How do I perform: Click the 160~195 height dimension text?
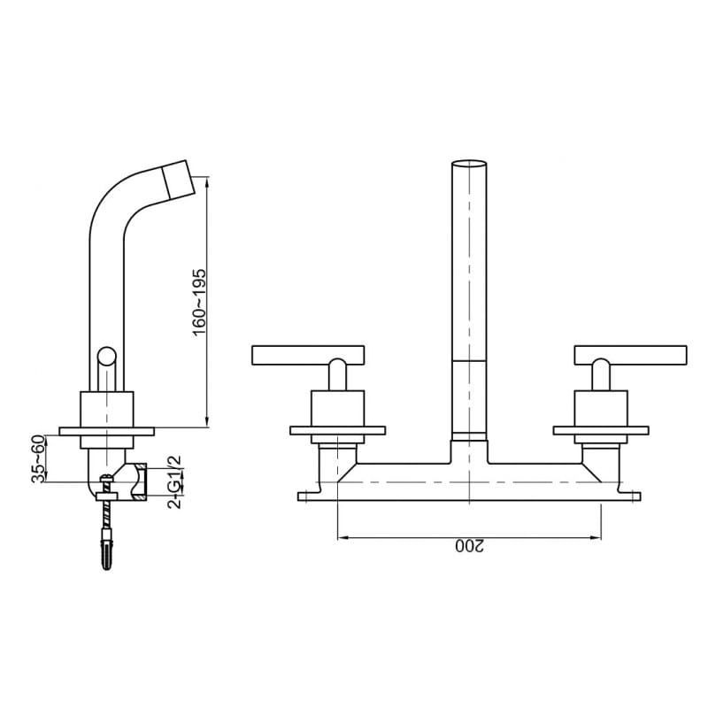click(x=199, y=302)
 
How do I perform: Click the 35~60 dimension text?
click(x=39, y=458)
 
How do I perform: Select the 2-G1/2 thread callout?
click(x=174, y=481)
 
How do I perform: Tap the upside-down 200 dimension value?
click(x=469, y=546)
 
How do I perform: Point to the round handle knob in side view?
click(x=107, y=356)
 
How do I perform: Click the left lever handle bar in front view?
click(x=308, y=355)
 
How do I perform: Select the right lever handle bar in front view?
click(x=630, y=355)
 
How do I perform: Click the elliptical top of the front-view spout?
click(x=469, y=164)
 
